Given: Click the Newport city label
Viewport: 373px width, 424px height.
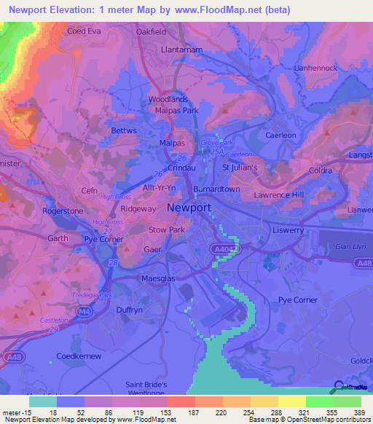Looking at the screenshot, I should [189, 208].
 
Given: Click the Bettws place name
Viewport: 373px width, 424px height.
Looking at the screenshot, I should [124, 131].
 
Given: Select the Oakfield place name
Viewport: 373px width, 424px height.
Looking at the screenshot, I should [152, 31].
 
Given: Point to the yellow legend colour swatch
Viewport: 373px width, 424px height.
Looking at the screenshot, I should [291, 401].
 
